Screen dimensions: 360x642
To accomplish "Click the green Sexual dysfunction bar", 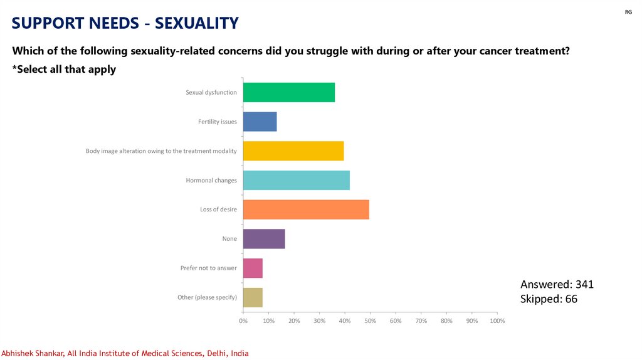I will pos(288,92).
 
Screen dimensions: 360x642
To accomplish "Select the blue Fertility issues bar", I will pos(260,122).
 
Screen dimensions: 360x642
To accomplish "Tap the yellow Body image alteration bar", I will pos(293,151).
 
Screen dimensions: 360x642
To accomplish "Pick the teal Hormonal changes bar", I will pos(296,180).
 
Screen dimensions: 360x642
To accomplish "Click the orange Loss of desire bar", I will pos(306,209).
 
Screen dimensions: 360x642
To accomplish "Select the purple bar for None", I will pos(264,238).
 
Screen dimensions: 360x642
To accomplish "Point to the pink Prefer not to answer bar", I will pos(253,268).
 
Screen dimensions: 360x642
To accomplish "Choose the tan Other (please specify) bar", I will pos(253,297).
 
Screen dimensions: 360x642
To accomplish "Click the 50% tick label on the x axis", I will pos(370,321).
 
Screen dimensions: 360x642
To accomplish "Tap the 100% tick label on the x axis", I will pos(497,321).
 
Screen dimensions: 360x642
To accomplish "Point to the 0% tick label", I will pos(243,321).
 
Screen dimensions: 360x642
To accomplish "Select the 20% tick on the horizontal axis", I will pos(294,321).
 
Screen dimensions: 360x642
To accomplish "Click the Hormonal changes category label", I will pos(211,181).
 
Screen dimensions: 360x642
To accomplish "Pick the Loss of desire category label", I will pos(218,209).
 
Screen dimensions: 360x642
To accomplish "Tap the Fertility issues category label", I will pos(218,122).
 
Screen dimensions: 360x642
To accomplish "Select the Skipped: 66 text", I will pos(549,299).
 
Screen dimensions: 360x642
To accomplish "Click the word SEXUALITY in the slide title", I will pos(197,23).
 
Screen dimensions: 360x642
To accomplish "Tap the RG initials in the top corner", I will pos(628,12).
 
